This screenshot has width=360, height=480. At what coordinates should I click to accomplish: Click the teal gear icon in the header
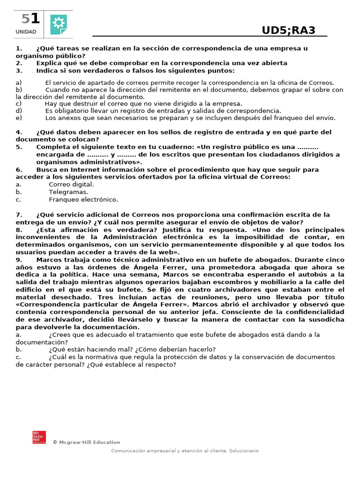59,24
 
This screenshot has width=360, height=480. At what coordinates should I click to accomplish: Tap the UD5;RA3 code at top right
288,31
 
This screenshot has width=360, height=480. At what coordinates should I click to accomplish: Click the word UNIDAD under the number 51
26,32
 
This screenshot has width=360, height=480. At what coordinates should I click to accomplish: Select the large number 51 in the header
30,19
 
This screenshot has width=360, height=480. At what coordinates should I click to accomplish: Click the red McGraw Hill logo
39,437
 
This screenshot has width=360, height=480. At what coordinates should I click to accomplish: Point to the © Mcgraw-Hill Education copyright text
86,442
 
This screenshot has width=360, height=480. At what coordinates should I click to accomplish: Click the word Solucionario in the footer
243,451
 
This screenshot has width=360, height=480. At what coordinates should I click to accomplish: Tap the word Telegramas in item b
68,192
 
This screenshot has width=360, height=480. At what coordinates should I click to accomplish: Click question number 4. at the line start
19,132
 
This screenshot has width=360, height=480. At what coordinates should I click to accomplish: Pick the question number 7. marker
19,215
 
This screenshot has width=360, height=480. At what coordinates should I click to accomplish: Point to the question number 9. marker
19,260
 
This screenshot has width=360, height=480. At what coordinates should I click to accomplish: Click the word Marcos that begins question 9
48,260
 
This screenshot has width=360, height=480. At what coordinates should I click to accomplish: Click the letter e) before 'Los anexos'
19,118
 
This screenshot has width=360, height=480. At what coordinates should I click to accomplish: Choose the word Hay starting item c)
51,104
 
